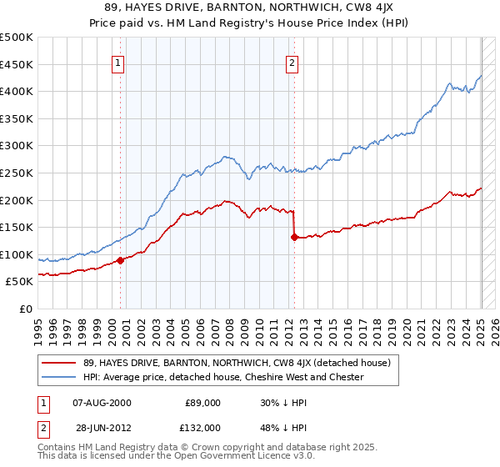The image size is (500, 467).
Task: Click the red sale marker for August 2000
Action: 120,260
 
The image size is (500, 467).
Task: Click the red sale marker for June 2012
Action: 294,237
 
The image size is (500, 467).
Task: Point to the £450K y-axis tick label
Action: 17,64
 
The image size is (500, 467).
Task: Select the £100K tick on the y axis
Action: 17,254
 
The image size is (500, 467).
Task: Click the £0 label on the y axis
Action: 25,309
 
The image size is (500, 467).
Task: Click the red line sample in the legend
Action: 57,362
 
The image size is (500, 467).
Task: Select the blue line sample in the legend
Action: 57,377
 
